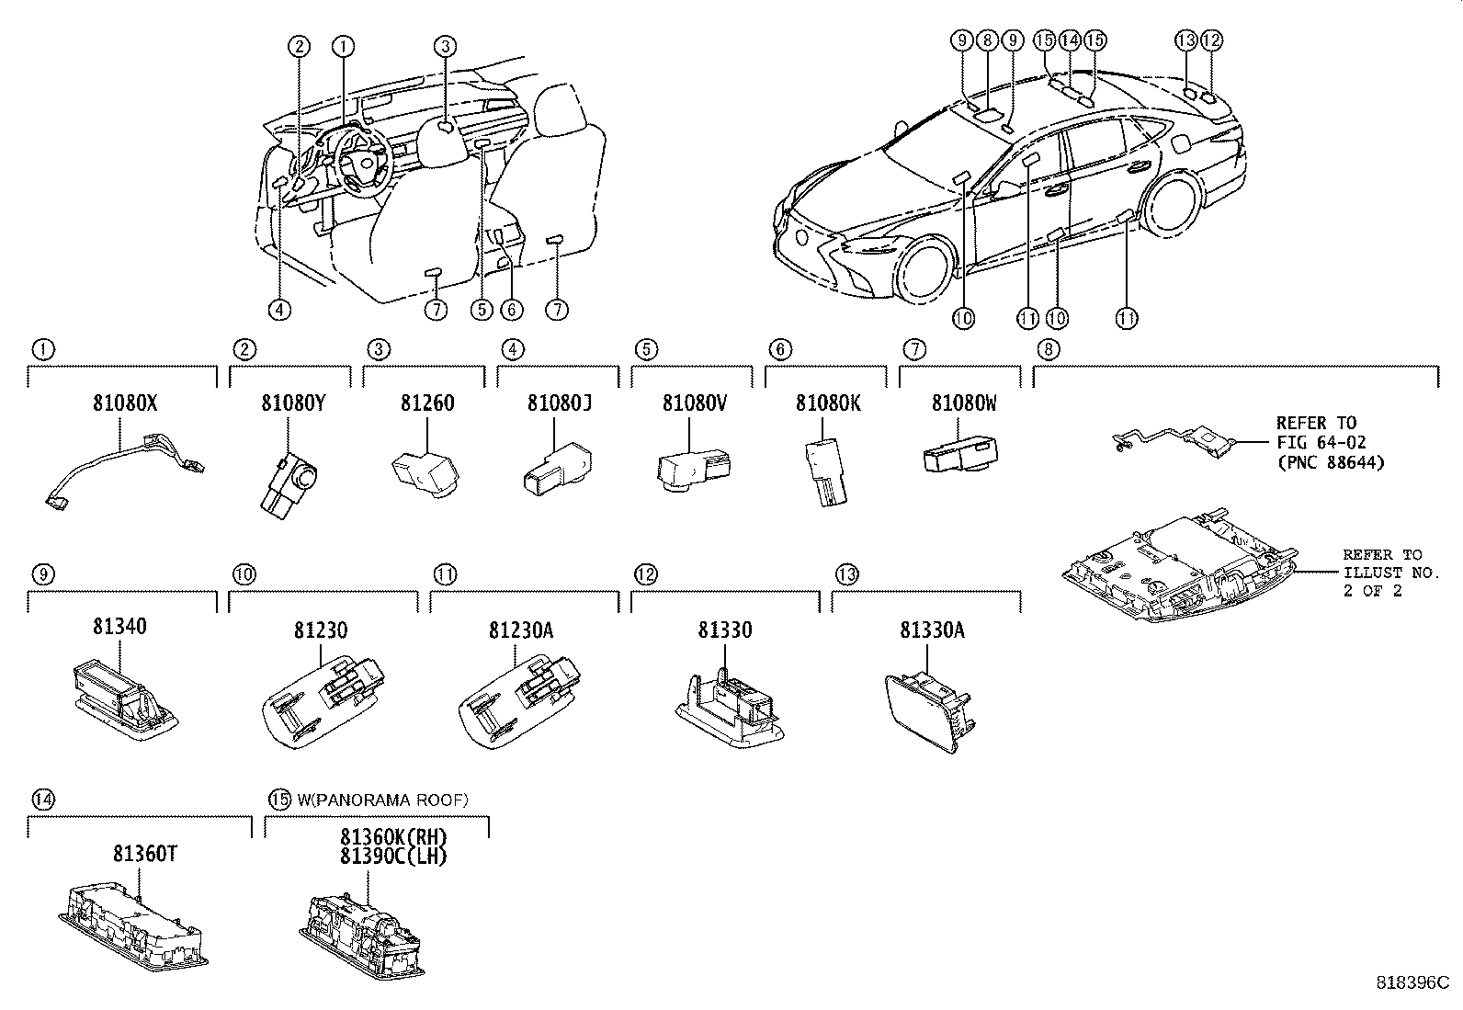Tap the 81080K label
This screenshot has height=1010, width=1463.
[x=827, y=403]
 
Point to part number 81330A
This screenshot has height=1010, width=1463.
[x=932, y=630]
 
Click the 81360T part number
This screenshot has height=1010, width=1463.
[x=145, y=854]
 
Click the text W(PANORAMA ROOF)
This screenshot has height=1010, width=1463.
[x=382, y=800]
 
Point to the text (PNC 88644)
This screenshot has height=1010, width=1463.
[x=1329, y=462]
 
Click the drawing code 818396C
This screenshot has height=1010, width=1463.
[x=1412, y=982]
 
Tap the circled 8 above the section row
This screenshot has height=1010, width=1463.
[x=1048, y=349]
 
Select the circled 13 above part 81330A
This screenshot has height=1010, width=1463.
[x=846, y=574]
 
